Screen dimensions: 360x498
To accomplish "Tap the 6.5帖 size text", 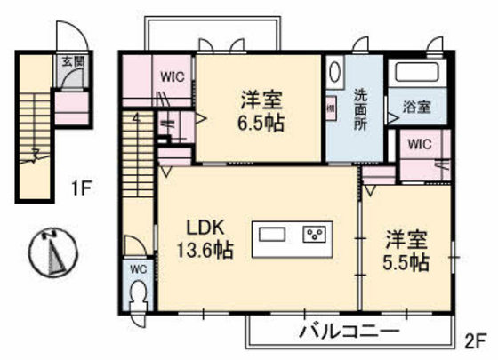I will (261, 124).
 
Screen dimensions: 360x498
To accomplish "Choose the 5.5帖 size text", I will (407, 263).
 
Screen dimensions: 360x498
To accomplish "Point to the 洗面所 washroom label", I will (361, 108).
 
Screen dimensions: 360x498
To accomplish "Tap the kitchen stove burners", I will (317, 235).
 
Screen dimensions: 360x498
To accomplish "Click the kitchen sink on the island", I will (273, 235).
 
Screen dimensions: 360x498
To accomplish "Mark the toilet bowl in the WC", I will (139, 293).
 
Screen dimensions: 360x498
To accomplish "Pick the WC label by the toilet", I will (138, 268).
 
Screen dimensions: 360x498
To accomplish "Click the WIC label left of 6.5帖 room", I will (173, 77).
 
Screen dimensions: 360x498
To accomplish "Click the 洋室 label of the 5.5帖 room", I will (406, 239).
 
